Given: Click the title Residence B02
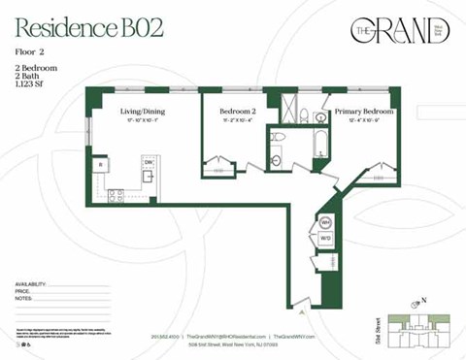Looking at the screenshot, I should tap(88, 27).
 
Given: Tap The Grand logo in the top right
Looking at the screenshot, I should tap(399, 30).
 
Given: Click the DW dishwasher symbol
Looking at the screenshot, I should tap(149, 163).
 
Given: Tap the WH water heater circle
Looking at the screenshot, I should tap(326, 222).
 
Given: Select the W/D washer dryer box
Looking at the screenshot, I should tap(326, 238).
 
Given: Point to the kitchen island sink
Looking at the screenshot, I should tap(148, 177).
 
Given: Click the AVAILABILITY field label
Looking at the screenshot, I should tap(33, 282).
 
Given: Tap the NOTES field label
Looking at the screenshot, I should tap(25, 298).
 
